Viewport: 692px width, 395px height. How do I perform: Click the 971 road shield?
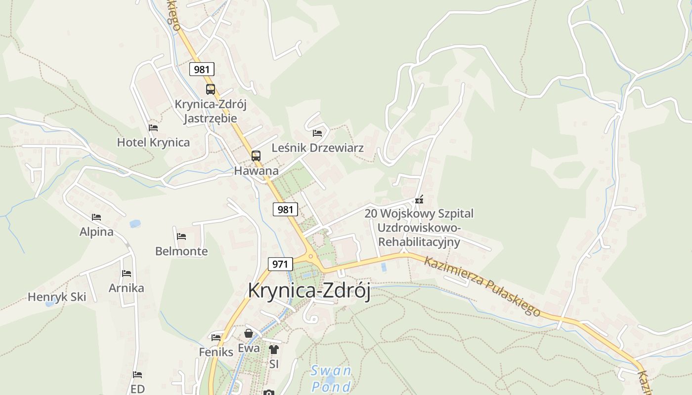(x=280, y=264)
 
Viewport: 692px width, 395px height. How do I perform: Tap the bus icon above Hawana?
(x=256, y=156)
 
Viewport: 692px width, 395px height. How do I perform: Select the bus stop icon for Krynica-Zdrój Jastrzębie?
(x=211, y=89)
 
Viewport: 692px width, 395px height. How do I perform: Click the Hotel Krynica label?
(x=153, y=143)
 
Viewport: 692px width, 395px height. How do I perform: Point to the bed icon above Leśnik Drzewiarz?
(x=317, y=133)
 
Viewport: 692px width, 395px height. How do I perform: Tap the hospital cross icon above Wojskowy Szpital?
(x=419, y=200)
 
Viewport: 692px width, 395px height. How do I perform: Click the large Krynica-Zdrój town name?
(x=309, y=290)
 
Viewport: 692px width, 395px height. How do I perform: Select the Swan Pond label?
(x=331, y=378)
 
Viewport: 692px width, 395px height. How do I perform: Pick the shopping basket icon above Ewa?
(x=249, y=334)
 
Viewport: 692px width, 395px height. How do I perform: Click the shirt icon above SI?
(x=274, y=350)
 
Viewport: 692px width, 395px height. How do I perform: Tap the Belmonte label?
(x=181, y=251)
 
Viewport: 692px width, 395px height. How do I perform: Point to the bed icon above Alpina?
(x=96, y=217)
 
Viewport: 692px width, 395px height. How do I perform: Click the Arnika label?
(x=127, y=288)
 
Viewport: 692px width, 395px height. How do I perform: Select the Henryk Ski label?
(x=57, y=297)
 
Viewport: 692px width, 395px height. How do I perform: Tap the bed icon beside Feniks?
(x=216, y=338)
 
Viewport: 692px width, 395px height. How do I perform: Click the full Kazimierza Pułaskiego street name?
(x=482, y=286)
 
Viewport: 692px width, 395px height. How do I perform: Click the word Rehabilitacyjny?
(x=419, y=242)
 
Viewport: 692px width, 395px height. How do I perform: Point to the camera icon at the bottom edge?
(x=268, y=393)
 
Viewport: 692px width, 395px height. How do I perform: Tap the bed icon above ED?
(x=137, y=375)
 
